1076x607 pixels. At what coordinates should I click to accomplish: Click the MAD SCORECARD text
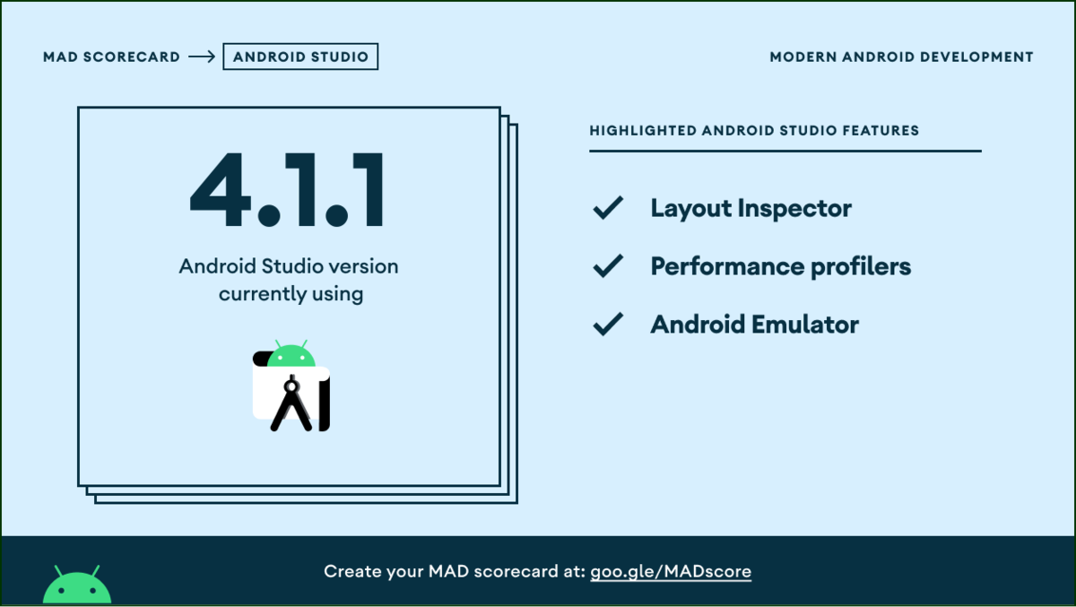111,57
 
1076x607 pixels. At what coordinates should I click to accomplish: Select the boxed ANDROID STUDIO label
300,57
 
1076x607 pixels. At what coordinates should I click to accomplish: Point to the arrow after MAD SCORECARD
202,57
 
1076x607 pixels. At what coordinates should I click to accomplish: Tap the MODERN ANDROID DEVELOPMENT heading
901,57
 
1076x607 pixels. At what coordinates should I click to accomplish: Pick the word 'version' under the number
362,266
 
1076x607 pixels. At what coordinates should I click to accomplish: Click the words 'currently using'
291,293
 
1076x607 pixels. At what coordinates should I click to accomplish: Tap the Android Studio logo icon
291,387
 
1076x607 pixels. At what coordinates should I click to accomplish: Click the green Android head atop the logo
291,355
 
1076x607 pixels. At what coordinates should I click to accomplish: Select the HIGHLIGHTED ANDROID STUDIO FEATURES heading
754,131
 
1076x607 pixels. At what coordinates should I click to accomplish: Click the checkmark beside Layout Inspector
608,209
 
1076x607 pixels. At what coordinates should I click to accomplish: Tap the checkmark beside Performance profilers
608,266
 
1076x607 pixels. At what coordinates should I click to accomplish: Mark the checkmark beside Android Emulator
608,324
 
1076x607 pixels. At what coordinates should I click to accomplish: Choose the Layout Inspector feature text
751,209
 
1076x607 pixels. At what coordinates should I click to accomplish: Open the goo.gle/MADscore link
671,571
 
